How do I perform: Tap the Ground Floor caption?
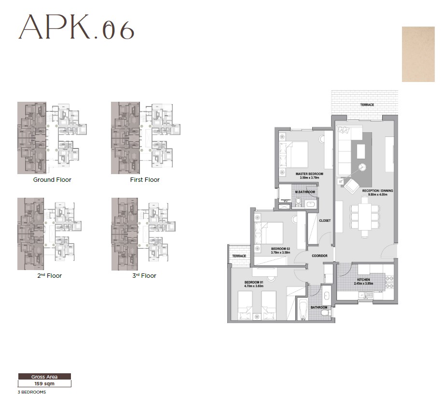click(x=52, y=180)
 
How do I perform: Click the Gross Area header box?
click(x=44, y=377)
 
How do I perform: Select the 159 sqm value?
click(x=44, y=384)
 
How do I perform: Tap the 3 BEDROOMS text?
click(x=32, y=393)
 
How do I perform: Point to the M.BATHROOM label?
click(x=305, y=192)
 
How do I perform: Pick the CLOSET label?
click(x=325, y=220)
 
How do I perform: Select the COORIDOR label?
click(x=319, y=256)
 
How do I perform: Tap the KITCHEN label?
click(x=363, y=280)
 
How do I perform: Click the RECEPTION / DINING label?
click(x=377, y=191)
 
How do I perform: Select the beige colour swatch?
click(x=421, y=54)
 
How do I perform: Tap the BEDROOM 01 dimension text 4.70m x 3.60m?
click(x=254, y=286)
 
